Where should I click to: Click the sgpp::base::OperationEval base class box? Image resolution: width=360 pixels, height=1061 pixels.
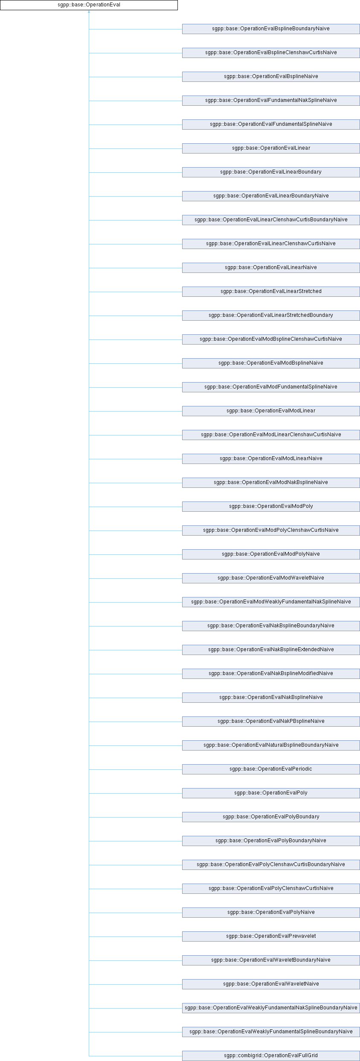tap(89, 5)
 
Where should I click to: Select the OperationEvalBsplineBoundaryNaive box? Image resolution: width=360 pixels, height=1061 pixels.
tap(271, 29)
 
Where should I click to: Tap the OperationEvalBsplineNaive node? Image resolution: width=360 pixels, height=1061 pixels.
tap(271, 77)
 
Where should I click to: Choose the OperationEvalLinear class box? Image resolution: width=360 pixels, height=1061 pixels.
tap(271, 148)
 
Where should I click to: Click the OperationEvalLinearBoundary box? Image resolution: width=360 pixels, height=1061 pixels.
tap(271, 172)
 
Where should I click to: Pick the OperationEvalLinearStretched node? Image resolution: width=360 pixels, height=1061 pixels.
tap(271, 292)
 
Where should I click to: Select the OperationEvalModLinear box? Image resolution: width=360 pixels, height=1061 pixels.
tap(271, 411)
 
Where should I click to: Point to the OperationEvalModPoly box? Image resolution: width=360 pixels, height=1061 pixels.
tap(271, 507)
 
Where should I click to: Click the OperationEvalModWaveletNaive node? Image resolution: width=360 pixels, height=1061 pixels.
tap(271, 578)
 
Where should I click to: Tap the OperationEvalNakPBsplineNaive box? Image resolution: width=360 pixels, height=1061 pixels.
tap(271, 722)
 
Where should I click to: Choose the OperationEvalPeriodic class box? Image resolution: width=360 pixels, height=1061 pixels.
tap(271, 769)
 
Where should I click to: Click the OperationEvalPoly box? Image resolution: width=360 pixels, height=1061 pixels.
tap(271, 793)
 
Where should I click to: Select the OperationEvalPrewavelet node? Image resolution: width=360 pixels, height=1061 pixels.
tap(271, 936)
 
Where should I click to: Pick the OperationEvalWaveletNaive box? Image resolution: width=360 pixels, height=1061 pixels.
tap(271, 984)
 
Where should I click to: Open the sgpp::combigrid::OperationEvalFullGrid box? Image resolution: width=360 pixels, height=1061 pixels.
tap(271, 1056)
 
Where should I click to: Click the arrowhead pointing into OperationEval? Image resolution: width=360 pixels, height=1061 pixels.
tap(89, 12)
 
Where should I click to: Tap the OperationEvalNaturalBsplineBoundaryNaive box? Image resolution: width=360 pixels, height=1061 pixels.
tap(271, 745)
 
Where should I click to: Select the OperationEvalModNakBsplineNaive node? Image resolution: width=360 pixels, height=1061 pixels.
tap(271, 483)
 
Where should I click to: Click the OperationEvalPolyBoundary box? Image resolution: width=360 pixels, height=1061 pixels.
tap(271, 817)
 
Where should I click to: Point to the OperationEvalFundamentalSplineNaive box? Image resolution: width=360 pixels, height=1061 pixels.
tap(271, 125)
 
